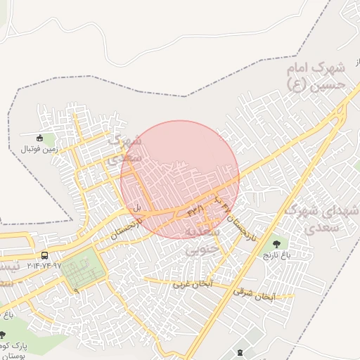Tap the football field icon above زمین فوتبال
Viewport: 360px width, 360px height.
tap(40, 138)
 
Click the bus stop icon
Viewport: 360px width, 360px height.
tap(45, 255)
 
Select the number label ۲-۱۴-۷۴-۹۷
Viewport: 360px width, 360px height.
tap(44, 266)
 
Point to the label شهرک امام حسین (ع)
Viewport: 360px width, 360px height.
tap(319, 77)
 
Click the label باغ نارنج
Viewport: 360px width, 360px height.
tap(277, 254)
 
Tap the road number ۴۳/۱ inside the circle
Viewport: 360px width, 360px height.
tap(195, 209)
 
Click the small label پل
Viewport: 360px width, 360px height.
tap(138, 207)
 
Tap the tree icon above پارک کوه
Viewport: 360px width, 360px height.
tap(3, 335)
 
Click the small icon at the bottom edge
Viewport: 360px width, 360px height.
tap(243, 352)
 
